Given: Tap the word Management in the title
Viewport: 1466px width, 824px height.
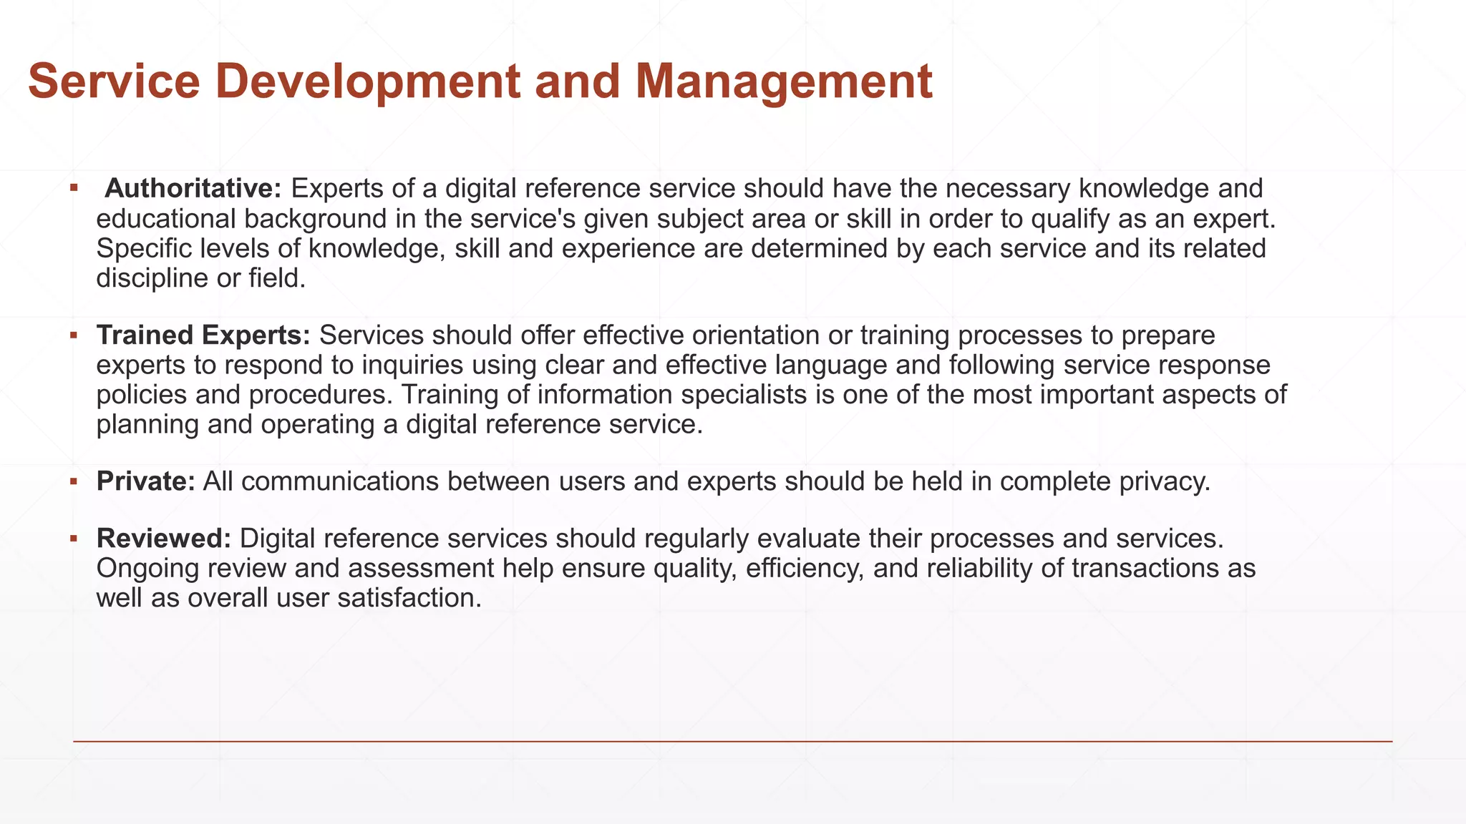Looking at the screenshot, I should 783,82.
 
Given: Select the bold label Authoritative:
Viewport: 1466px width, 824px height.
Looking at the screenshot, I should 193,189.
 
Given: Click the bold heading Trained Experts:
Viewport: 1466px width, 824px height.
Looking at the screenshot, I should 203,335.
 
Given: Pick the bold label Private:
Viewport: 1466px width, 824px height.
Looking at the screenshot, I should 146,481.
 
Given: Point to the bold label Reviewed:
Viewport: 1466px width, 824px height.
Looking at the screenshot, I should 164,539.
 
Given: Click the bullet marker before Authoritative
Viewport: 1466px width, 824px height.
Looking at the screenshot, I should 74,188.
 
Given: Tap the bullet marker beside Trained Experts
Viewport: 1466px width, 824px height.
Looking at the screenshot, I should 74,335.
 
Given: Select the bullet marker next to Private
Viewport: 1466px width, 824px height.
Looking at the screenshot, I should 74,481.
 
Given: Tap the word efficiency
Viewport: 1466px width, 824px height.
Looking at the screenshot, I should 805,569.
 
